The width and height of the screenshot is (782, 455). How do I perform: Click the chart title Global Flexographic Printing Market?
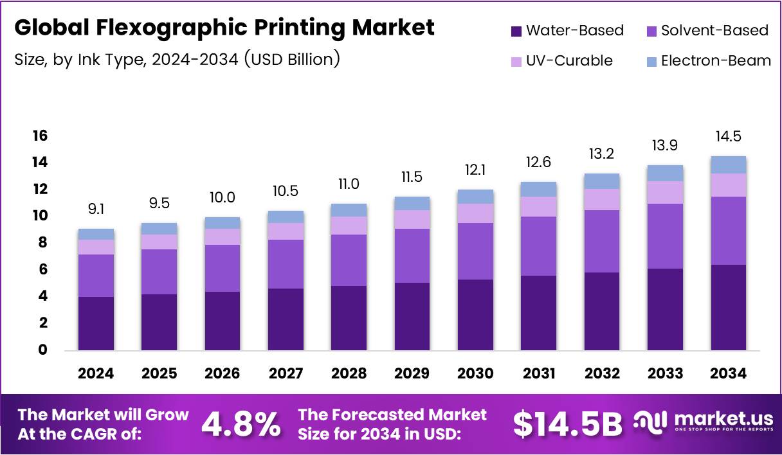224,28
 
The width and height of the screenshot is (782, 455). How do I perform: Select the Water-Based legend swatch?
516,31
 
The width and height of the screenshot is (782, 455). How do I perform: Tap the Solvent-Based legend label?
714,30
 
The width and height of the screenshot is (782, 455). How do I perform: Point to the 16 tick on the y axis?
41,136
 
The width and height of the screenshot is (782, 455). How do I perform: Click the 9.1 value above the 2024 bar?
96,209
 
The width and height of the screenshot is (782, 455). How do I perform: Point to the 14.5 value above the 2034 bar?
729,137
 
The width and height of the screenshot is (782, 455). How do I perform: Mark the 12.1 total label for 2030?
476,170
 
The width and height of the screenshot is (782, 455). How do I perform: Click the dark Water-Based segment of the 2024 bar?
96,323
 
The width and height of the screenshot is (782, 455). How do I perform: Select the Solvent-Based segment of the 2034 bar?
729,231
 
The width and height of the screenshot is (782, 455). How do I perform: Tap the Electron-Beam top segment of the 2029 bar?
412,203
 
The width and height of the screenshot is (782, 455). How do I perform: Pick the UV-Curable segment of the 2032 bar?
603,199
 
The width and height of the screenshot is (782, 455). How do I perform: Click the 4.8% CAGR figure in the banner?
241,424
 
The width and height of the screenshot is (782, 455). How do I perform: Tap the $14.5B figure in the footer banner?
568,424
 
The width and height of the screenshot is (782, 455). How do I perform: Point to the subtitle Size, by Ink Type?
177,60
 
